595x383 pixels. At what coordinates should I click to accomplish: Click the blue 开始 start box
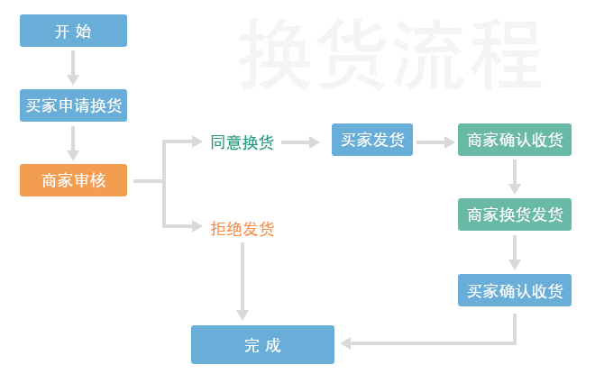click(73, 31)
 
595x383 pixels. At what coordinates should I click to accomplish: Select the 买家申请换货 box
click(73, 105)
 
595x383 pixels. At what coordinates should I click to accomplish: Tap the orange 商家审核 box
click(73, 180)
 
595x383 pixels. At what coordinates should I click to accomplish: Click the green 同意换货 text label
click(242, 142)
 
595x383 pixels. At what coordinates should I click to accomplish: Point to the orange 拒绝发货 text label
click(242, 229)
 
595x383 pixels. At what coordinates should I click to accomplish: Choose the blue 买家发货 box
click(372, 140)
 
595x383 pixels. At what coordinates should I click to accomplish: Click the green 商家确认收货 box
click(514, 141)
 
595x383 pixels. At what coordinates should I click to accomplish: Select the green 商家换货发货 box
click(514, 215)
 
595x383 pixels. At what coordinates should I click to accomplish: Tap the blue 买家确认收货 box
click(514, 291)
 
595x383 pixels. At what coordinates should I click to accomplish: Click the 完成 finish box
click(262, 345)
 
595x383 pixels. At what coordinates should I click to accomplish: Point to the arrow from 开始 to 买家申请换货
click(73, 68)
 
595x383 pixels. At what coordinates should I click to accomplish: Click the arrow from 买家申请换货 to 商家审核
click(73, 142)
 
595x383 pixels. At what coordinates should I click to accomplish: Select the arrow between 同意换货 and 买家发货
click(301, 142)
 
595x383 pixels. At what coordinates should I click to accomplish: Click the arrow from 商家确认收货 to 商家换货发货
click(514, 178)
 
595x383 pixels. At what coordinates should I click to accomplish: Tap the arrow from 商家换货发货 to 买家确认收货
click(514, 252)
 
